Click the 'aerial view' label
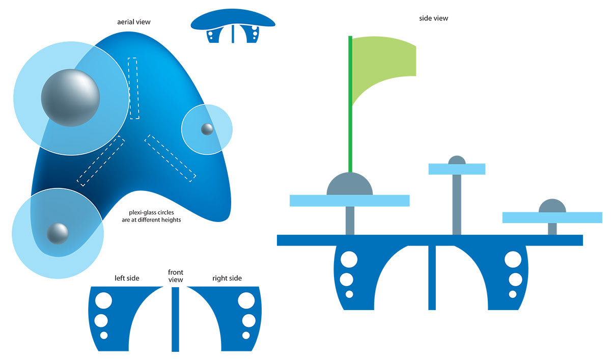[134, 22]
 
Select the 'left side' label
[127, 278]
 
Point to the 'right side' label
[227, 278]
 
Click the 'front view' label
[176, 276]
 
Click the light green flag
[387, 64]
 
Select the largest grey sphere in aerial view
[70, 97]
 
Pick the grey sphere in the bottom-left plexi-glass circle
[58, 233]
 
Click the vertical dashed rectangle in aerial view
[133, 88]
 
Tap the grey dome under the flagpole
[349, 185]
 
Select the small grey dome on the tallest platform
[457, 160]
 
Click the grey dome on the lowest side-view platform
[552, 206]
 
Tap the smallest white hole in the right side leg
[246, 335]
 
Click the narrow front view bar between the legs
[176, 319]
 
